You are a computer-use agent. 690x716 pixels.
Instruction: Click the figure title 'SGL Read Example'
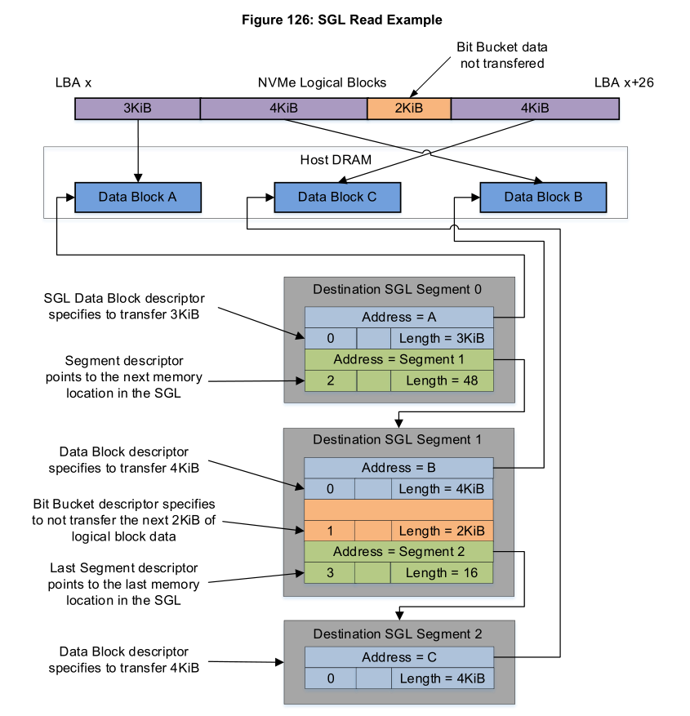(380, 20)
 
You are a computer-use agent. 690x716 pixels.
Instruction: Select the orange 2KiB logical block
(409, 109)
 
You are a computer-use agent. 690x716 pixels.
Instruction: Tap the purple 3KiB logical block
(137, 109)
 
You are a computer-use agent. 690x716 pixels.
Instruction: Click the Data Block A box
(138, 198)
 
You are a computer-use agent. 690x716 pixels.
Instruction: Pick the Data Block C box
(337, 198)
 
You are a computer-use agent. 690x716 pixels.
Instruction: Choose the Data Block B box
(543, 198)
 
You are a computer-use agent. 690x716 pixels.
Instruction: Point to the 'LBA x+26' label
(624, 82)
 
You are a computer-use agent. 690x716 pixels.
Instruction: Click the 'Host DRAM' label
(336, 160)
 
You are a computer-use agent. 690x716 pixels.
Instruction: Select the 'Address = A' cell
(399, 318)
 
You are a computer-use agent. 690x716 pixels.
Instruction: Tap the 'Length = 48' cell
(442, 380)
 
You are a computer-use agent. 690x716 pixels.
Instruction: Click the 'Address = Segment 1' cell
(399, 360)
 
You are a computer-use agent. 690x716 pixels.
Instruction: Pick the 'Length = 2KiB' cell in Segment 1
(442, 531)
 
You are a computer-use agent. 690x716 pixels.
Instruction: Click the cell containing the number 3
(330, 572)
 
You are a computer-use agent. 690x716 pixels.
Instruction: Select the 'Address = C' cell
(399, 657)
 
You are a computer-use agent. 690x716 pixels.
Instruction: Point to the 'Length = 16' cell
(442, 572)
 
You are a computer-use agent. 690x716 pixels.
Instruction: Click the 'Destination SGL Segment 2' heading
(398, 634)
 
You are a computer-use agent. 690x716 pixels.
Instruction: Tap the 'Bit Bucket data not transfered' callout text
(502, 56)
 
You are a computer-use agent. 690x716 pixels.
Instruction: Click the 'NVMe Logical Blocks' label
(322, 82)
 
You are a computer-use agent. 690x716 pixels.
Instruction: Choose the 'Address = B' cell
(398, 468)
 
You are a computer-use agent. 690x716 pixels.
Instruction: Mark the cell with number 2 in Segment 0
(331, 380)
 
